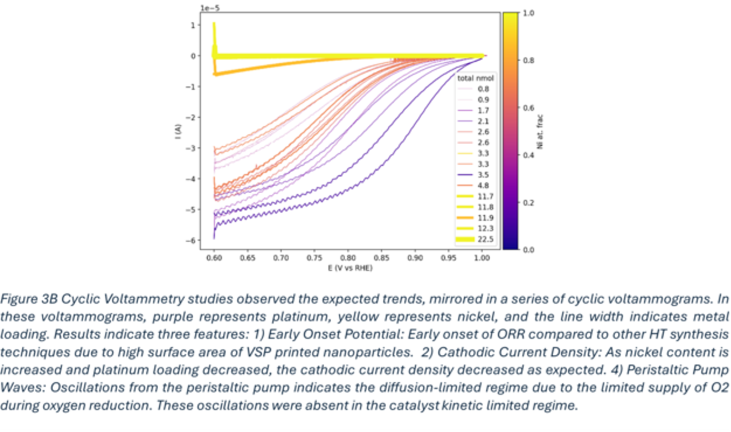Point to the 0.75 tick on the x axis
[x=314, y=258]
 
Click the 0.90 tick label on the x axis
[x=415, y=258]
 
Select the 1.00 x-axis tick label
[x=481, y=258]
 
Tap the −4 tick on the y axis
[x=193, y=179]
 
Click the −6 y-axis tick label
[x=193, y=241]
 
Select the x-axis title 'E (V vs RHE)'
[x=347, y=268]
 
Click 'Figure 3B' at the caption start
[x=23, y=298]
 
